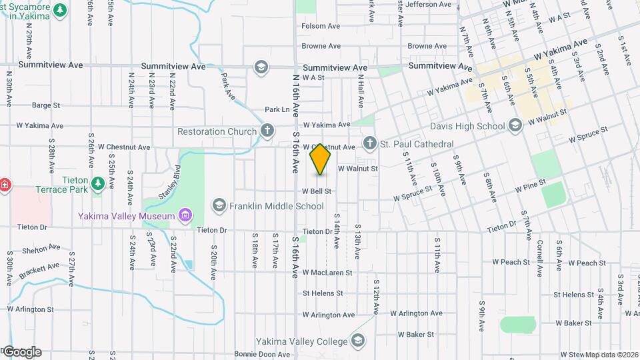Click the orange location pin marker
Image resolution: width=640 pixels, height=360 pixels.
point(321,159)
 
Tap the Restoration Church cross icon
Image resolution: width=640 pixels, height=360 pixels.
point(267,131)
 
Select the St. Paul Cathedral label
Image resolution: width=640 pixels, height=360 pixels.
point(417,144)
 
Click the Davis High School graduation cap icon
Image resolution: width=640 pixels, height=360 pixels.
point(515,125)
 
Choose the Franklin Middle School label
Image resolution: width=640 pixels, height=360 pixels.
point(277,206)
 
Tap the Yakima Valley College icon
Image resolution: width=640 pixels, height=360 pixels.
point(358,341)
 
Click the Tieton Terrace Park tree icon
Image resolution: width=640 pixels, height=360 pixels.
point(98,183)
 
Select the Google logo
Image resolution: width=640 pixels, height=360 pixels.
point(22,352)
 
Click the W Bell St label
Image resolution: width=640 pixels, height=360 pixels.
point(317,191)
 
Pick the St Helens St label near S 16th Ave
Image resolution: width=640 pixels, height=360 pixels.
point(323,293)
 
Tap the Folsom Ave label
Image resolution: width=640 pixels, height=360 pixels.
point(321,26)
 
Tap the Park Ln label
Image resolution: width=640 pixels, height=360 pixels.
point(277,109)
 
